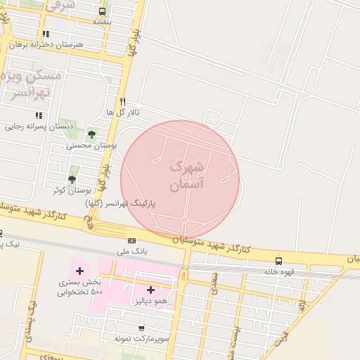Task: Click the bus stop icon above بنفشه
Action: [x=103, y=12]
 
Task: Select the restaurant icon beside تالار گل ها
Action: [x=122, y=101]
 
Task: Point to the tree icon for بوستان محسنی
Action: [x=91, y=134]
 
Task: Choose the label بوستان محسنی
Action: [x=91, y=146]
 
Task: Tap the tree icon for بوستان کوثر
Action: [x=72, y=179]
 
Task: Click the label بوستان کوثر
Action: [x=72, y=191]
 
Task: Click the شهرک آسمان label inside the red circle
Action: [x=186, y=176]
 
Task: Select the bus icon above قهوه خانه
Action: [x=279, y=261]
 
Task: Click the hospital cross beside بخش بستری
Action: [x=79, y=271]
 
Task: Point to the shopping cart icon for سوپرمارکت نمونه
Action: [x=141, y=328]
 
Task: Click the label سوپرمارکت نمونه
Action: [x=141, y=338]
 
